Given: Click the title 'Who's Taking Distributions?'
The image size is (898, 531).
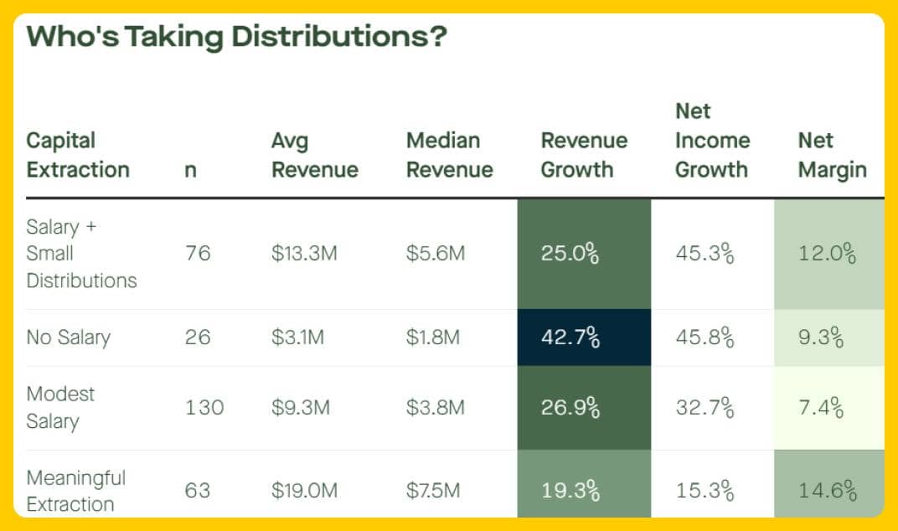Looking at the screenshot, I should [236, 38].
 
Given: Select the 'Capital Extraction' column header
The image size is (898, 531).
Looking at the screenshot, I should [78, 155].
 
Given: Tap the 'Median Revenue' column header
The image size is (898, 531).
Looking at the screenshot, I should [449, 155].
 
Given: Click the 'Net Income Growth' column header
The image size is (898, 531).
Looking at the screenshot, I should [711, 141].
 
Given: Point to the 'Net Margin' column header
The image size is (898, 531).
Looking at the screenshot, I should [832, 155].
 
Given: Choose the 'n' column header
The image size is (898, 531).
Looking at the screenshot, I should [190, 170].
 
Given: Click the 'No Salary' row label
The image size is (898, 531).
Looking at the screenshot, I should [68, 338].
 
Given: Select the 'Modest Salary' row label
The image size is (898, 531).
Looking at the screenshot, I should [60, 407].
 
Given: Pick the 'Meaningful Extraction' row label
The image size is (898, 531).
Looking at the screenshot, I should [75, 491].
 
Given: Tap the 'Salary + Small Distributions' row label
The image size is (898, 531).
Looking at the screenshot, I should [81, 254].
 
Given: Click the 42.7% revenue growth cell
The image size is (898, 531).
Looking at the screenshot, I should [570, 338].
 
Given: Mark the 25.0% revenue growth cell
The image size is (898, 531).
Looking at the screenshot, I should [570, 254].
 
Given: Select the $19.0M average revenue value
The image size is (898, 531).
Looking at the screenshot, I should [304, 491].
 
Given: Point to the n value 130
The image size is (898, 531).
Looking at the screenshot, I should [204, 408].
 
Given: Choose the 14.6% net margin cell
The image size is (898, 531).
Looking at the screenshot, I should [827, 491].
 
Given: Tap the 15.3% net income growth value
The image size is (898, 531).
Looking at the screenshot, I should [704, 491].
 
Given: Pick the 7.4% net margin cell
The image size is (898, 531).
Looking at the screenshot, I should [820, 408].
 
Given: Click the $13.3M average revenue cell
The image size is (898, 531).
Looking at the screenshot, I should [304, 254].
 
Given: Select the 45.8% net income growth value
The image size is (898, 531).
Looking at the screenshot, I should [704, 338].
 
